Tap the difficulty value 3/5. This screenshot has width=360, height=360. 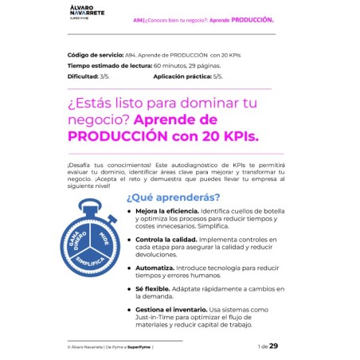(x=104, y=76)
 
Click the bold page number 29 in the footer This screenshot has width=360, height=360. (x=274, y=346)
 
